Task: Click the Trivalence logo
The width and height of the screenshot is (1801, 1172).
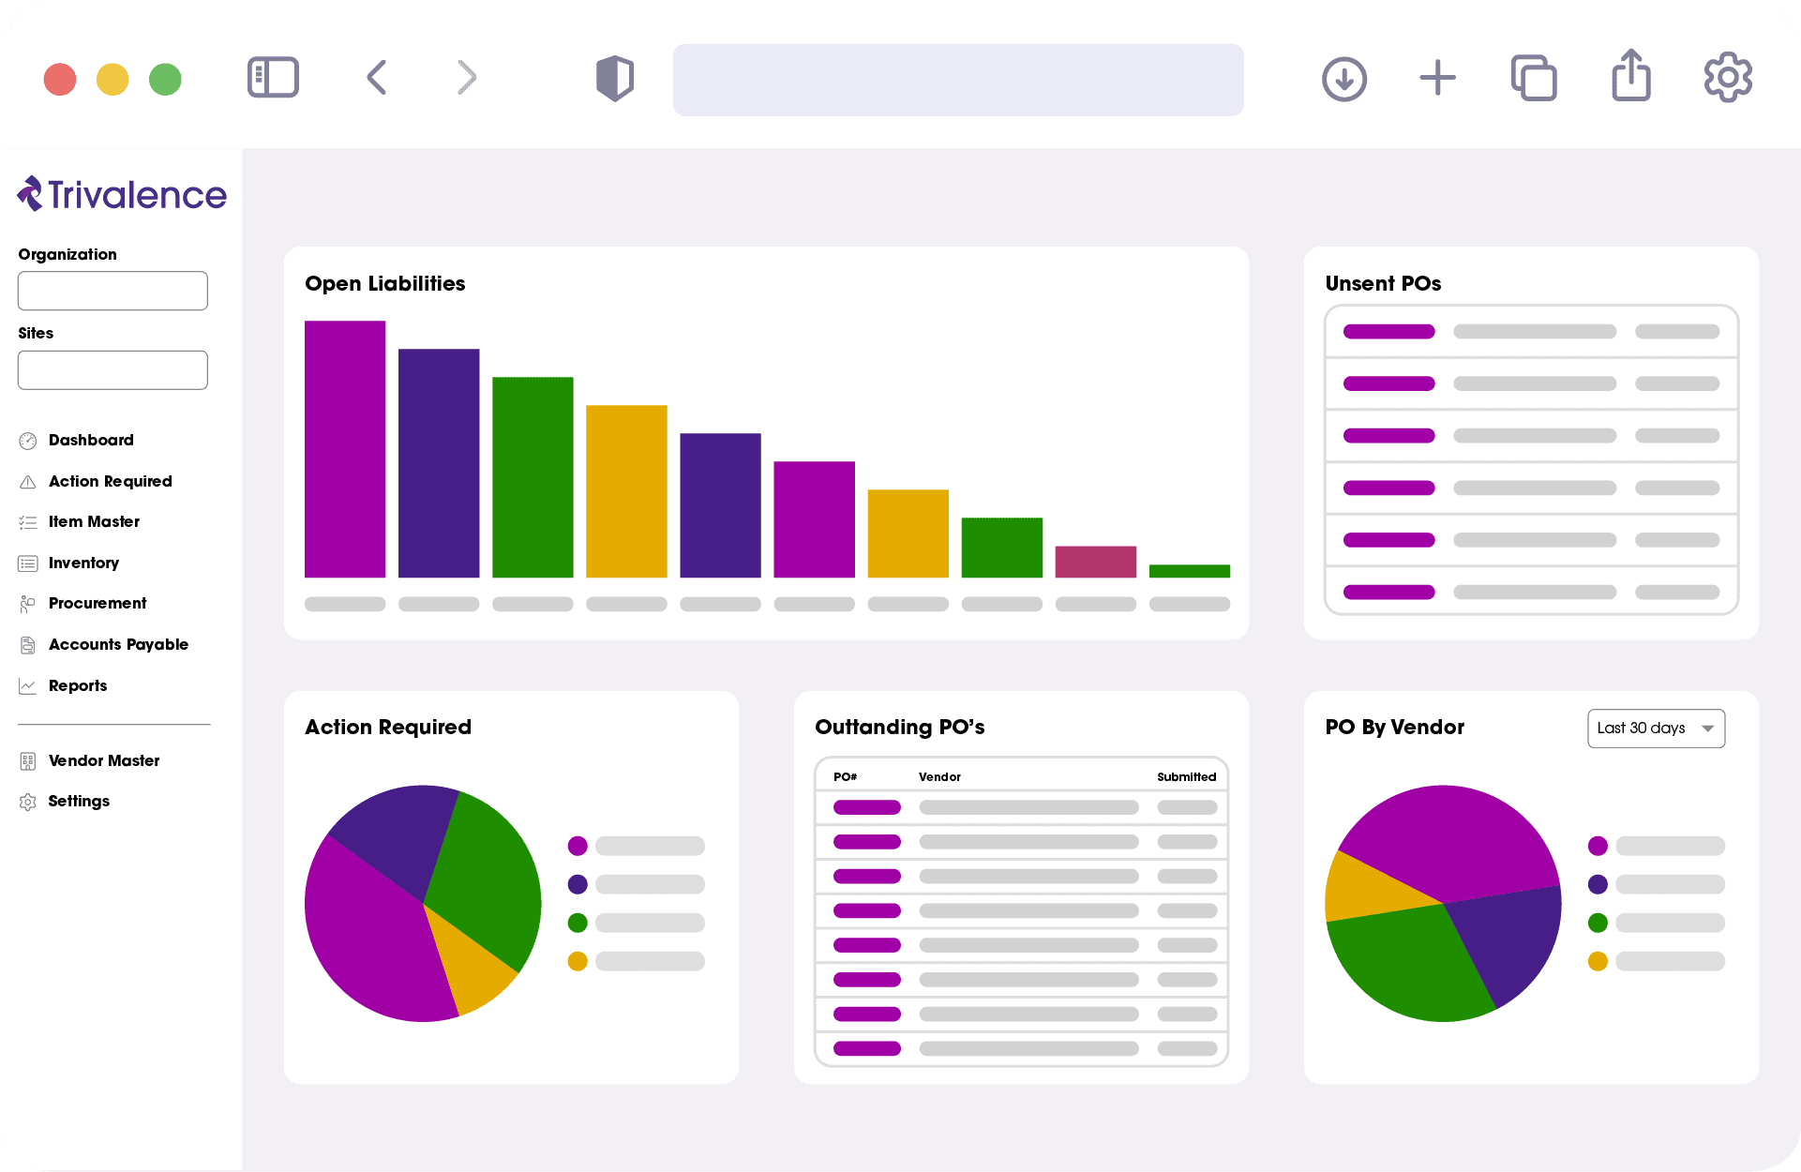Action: pos(122,194)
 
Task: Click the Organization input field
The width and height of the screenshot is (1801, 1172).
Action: pos(113,291)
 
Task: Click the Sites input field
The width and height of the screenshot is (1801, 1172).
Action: pos(113,370)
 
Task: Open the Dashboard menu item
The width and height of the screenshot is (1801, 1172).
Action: pos(90,440)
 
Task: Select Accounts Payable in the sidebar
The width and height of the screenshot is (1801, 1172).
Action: pos(118,644)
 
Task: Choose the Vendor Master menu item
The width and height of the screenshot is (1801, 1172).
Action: pos(103,760)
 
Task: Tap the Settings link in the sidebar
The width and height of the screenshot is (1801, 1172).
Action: pos(79,801)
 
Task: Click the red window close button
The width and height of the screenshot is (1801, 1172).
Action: pos(60,80)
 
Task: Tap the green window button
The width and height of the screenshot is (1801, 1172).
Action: pos(165,80)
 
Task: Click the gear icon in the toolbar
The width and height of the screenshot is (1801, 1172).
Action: pos(1727,78)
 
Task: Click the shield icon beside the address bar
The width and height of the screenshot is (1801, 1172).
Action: pos(615,78)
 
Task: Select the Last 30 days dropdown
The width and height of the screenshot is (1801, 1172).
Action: pos(1656,729)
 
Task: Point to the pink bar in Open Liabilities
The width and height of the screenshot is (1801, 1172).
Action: pos(1095,562)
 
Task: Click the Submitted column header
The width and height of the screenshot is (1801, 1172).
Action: pos(1186,776)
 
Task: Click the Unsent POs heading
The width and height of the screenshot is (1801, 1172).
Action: pos(1383,283)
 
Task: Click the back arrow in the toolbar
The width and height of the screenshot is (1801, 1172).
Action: pos(377,78)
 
